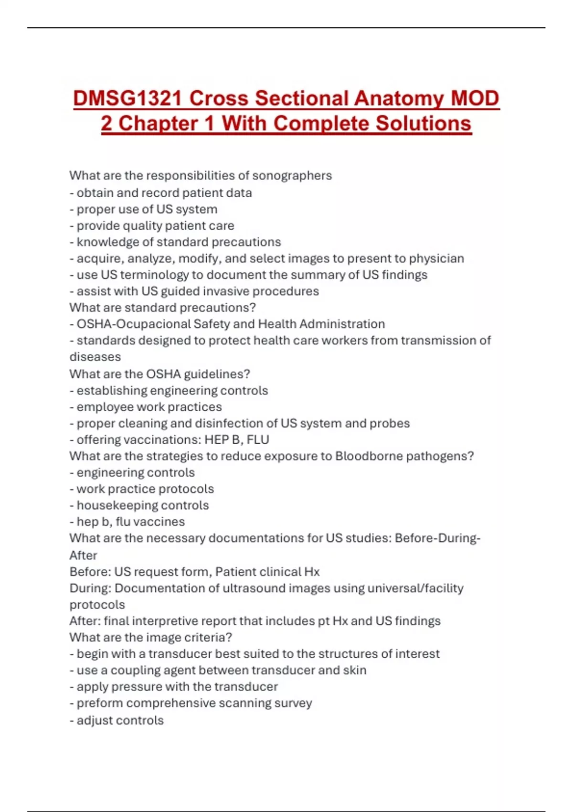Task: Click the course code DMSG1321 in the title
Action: [127, 98]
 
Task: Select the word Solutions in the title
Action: [423, 123]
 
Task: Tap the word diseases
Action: [95, 357]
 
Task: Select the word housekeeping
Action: [119, 505]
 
